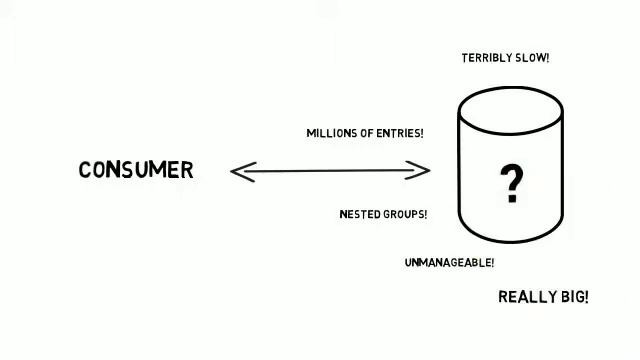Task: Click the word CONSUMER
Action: pyautogui.click(x=136, y=170)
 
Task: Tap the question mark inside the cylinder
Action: pyautogui.click(x=511, y=184)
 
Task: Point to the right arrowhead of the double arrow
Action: pyautogui.click(x=425, y=171)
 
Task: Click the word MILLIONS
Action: pyautogui.click(x=330, y=133)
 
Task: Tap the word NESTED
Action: pyautogui.click(x=357, y=214)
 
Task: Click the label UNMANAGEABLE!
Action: pyautogui.click(x=449, y=263)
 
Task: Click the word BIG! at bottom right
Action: pyautogui.click(x=574, y=297)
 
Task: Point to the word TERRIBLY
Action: pyautogui.click(x=487, y=58)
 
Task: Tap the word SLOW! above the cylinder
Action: pyautogui.click(x=533, y=58)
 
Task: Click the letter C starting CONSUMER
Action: pyautogui.click(x=85, y=170)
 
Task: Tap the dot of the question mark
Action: pyautogui.click(x=511, y=200)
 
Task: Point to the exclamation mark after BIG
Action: pyautogui.click(x=586, y=297)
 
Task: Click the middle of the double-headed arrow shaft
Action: pyautogui.click(x=330, y=171)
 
